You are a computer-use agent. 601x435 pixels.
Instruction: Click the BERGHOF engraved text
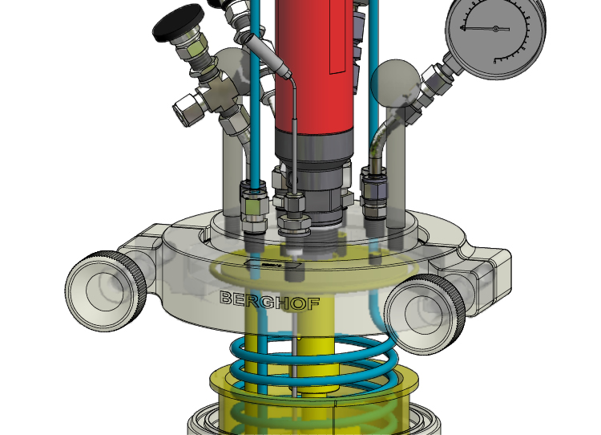[270, 301]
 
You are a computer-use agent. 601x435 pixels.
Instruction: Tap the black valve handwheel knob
[178, 23]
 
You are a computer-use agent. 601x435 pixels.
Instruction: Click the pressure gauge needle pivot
[495, 29]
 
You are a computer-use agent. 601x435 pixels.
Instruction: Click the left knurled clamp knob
[106, 291]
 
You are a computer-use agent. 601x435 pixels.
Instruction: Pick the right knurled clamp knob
[424, 314]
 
